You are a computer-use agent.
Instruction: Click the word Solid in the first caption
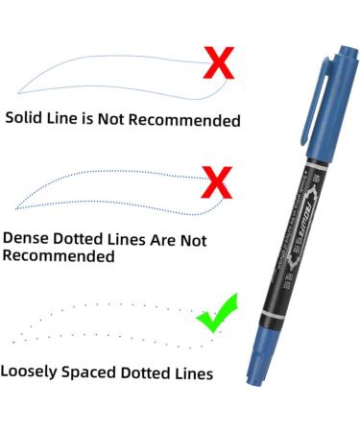pos(26,120)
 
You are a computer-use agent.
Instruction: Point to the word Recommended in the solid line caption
pos(188,120)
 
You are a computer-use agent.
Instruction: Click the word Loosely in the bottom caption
pos(32,372)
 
